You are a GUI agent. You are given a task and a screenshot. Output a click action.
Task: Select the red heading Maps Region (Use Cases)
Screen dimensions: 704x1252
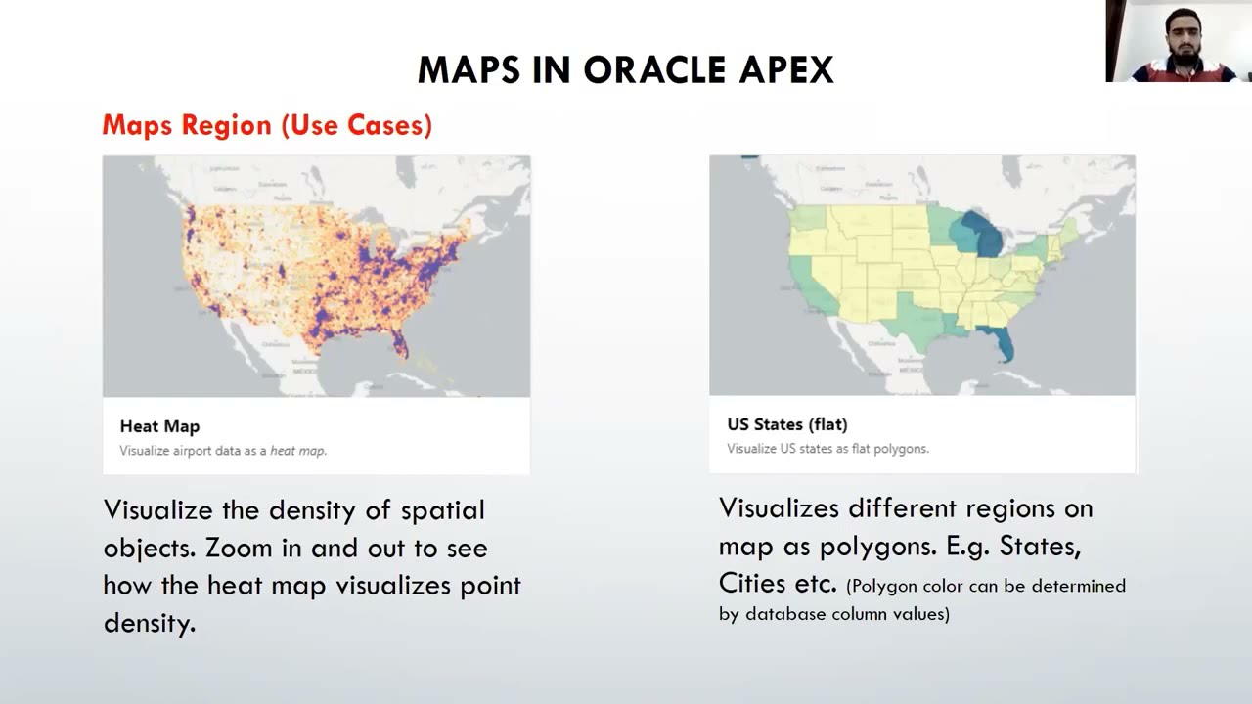pos(267,125)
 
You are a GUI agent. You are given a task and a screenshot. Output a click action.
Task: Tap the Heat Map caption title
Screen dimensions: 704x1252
pos(159,426)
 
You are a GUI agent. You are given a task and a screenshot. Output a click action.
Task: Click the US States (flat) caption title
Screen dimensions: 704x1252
pos(787,424)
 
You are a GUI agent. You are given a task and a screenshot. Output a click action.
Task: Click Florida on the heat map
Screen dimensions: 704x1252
pos(399,341)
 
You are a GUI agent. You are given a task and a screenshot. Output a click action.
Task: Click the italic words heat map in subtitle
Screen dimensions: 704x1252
pos(297,451)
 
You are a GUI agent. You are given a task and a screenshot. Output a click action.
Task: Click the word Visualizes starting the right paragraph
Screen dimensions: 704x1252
pos(779,508)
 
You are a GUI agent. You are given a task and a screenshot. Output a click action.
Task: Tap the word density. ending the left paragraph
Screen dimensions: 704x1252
pos(150,623)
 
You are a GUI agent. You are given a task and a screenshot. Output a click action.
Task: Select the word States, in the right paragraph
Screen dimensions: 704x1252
pos(1039,546)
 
